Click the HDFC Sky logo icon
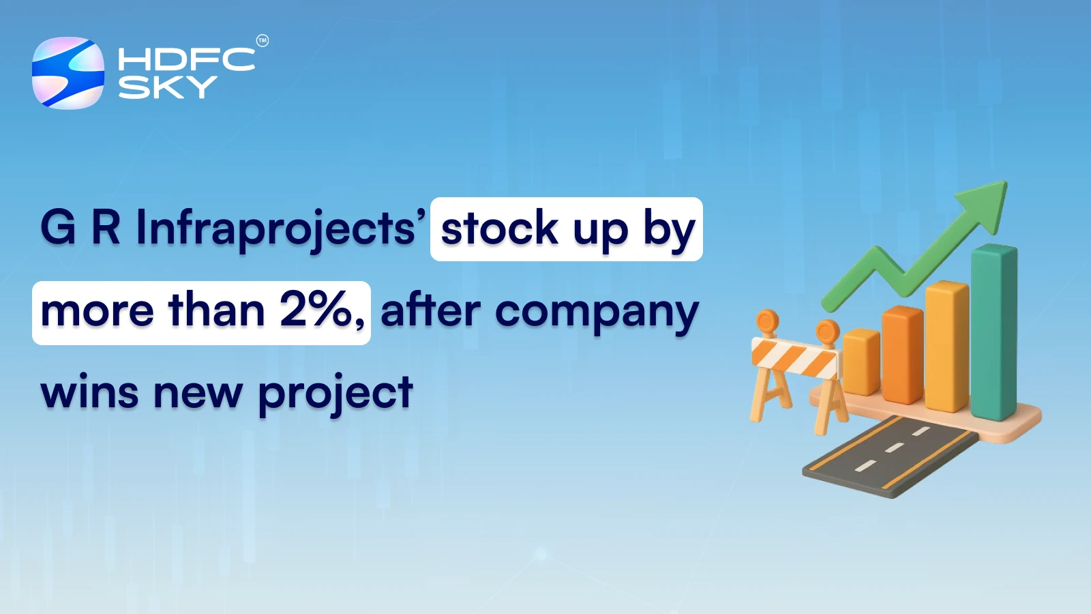(68, 73)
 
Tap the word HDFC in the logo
(186, 59)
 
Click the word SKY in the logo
(168, 87)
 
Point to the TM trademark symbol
(263, 41)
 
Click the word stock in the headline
(499, 229)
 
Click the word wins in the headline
(89, 393)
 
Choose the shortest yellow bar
(861, 362)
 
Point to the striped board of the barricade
(794, 357)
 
